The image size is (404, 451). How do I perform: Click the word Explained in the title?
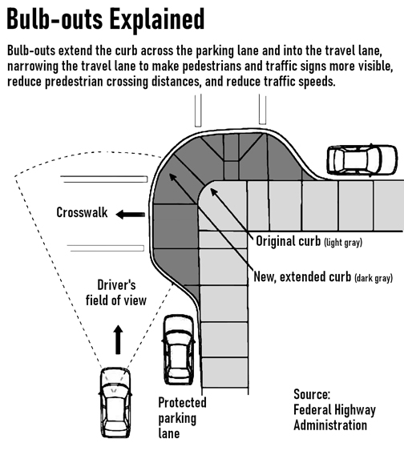point(156,20)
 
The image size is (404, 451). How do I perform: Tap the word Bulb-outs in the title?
point(55,18)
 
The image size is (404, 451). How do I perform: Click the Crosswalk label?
point(82,212)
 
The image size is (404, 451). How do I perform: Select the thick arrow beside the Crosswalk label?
point(131,214)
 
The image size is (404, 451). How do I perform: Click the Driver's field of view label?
point(116,292)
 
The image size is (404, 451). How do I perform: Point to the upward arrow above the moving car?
point(118,340)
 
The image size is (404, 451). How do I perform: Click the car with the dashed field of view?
point(115,402)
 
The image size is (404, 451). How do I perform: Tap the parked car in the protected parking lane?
point(179,349)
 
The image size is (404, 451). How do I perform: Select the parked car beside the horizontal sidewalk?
point(362,160)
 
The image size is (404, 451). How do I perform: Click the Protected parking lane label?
point(182,417)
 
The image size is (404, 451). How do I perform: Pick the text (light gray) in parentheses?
point(343,243)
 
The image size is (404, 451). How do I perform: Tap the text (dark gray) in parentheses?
point(374,279)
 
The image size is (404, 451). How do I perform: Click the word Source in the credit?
point(312,394)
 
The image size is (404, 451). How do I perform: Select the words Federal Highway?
point(334,410)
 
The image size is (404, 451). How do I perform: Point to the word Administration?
point(330,425)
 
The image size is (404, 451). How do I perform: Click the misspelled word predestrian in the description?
point(74,82)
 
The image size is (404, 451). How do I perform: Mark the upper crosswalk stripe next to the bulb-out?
point(104,179)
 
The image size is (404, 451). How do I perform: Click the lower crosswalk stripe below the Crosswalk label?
point(106,248)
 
